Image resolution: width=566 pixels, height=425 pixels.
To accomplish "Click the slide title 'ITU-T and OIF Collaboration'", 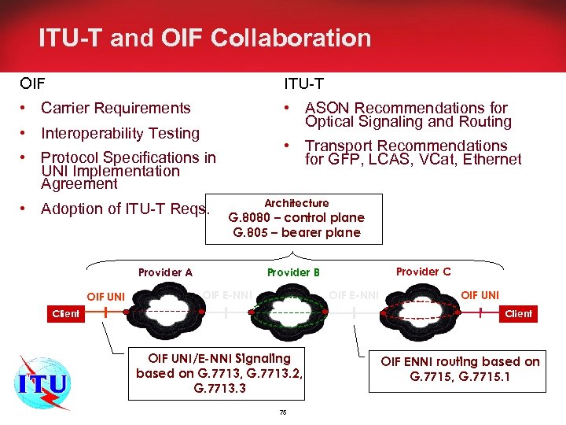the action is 204,38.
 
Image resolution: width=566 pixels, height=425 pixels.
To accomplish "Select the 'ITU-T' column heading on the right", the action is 303,83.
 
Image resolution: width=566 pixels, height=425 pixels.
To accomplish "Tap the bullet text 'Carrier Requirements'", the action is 116,108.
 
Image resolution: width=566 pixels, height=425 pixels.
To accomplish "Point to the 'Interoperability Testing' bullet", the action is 120,133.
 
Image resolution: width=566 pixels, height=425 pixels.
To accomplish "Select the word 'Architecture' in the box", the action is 296,203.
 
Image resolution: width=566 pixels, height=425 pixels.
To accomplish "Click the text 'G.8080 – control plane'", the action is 296,217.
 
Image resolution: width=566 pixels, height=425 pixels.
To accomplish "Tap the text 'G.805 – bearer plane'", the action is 296,232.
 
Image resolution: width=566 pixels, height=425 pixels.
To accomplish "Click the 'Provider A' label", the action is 165,272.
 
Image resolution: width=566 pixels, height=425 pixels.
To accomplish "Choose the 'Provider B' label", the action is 293,272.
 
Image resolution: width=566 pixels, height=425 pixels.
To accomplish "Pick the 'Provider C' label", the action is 424,272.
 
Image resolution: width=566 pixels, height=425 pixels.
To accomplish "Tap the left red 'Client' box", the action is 65,313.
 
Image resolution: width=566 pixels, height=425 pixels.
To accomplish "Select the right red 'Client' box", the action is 518,313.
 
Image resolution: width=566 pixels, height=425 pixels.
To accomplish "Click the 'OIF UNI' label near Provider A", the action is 106,297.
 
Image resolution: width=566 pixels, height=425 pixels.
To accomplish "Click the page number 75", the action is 283,412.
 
